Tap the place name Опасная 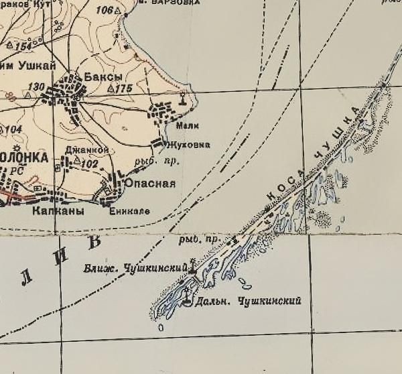pyautogui.click(x=155, y=184)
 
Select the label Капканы pyautogui.click(x=58, y=210)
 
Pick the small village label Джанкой pyautogui.click(x=80, y=150)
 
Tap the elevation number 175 pyautogui.click(x=124, y=88)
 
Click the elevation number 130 pyautogui.click(x=38, y=87)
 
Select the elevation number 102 pyautogui.click(x=90, y=164)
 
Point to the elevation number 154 pyautogui.click(x=24, y=46)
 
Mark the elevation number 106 pyautogui.click(x=104, y=10)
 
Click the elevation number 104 pyautogui.click(x=13, y=129)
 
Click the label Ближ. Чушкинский pyautogui.click(x=134, y=269)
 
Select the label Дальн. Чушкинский pyautogui.click(x=247, y=301)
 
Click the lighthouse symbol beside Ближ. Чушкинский pyautogui.click(x=194, y=267)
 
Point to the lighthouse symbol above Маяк pyautogui.click(x=182, y=101)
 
